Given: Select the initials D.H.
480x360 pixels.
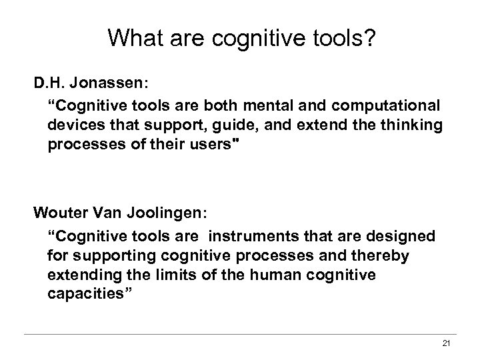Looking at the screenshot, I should (x=53, y=87).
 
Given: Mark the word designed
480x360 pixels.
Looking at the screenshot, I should (x=400, y=237).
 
